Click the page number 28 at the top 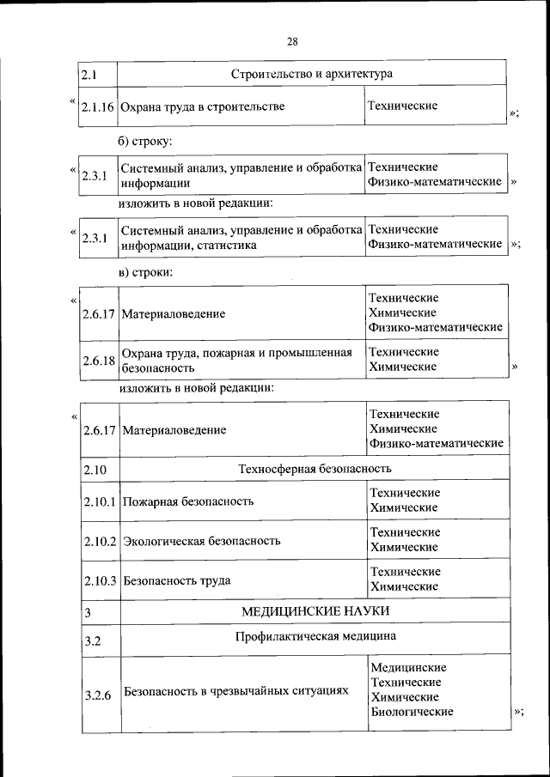292,41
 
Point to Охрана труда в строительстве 202,107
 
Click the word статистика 226,245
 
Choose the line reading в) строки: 146,271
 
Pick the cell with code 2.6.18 100,360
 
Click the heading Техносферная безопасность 314,469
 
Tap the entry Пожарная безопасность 188,501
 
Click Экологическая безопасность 202,541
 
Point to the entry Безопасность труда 177,580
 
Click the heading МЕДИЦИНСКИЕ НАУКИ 315,610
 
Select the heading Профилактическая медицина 315,638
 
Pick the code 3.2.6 99,695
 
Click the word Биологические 411,712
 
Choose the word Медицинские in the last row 407,667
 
